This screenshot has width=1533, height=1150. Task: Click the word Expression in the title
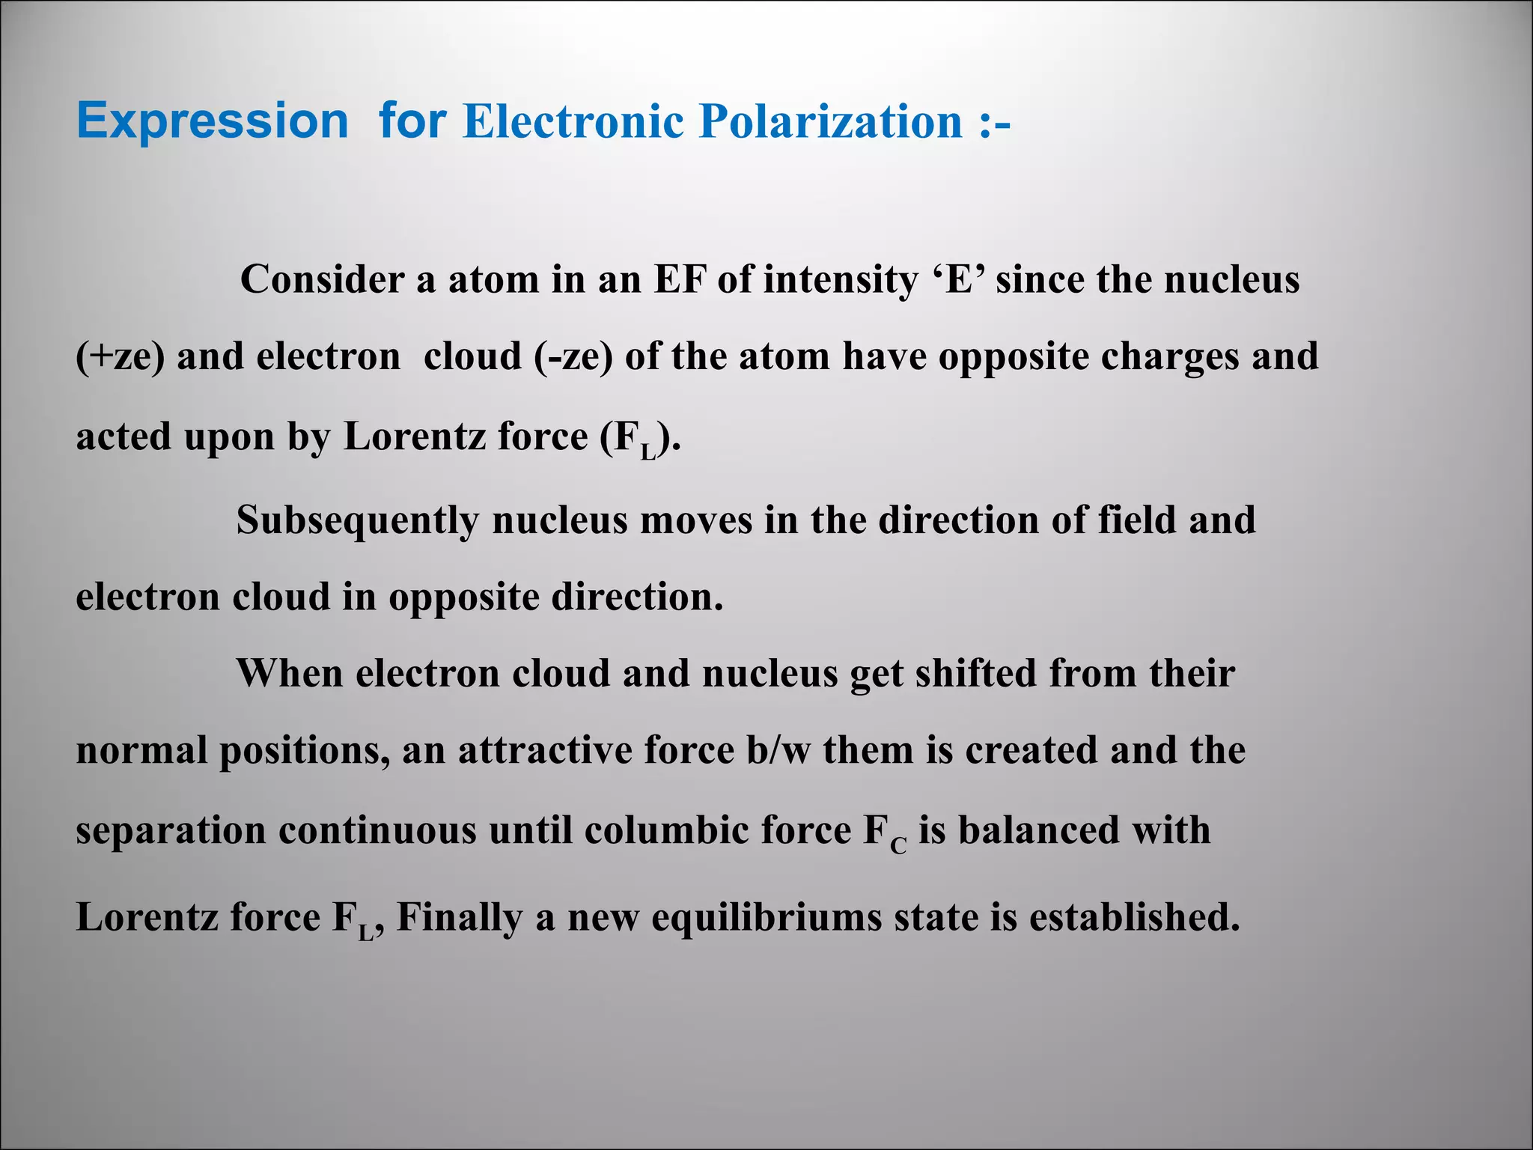[x=213, y=121]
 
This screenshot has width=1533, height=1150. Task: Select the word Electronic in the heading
[x=573, y=121]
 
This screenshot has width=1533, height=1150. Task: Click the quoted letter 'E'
[x=957, y=279]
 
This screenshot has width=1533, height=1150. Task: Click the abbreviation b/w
[x=778, y=750]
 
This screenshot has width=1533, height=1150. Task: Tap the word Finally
[x=460, y=918]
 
